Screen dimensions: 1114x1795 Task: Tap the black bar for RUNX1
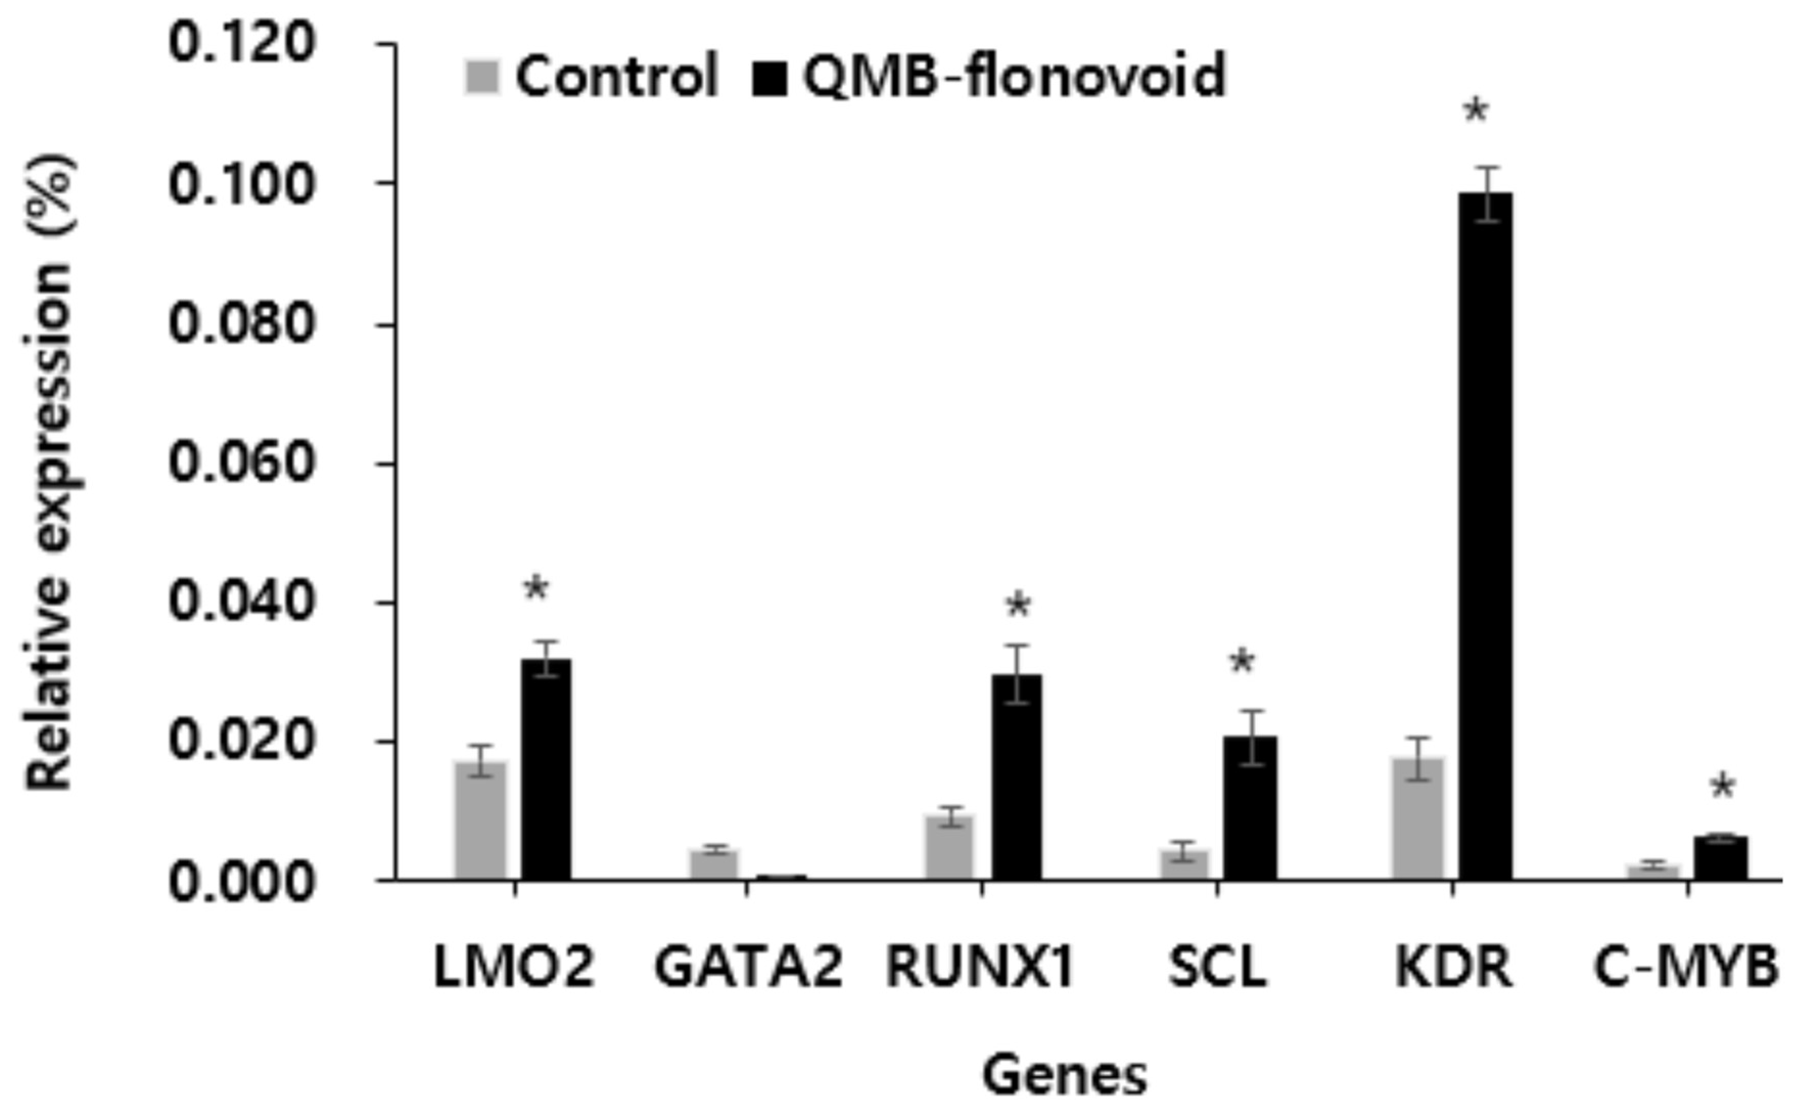tap(1016, 777)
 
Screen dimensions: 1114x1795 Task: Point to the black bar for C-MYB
tap(1720, 858)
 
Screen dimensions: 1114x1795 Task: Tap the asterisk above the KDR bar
tap(1476, 112)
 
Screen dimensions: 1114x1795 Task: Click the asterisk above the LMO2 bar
tap(536, 589)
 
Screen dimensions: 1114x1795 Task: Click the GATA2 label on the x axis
tap(748, 967)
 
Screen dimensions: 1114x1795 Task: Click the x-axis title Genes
tap(1064, 1076)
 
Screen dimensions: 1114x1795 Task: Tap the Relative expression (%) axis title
tap(50, 471)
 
